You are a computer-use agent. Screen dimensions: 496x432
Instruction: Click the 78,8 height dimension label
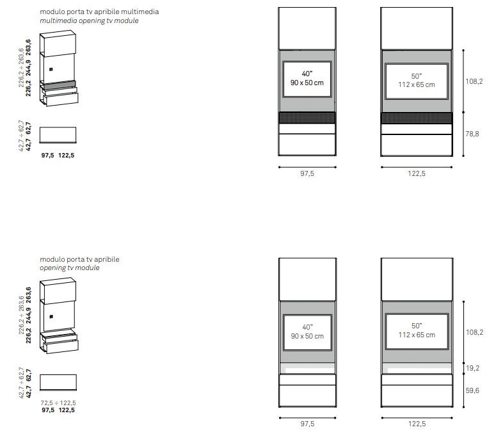tap(472, 134)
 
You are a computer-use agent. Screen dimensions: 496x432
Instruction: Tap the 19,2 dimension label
tap(472, 368)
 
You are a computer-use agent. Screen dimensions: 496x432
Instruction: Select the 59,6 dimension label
tap(472, 390)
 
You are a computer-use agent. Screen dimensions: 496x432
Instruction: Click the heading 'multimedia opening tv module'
tap(89, 21)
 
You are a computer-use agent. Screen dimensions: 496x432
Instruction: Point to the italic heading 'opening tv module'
tap(70, 268)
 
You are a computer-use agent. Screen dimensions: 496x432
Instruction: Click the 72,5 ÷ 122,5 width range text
tap(58, 403)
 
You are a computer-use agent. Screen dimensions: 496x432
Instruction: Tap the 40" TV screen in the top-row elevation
tap(307, 79)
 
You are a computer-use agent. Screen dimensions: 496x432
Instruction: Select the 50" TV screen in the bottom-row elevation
tap(417, 331)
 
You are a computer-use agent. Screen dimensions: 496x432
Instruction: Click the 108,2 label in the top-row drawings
tap(474, 81)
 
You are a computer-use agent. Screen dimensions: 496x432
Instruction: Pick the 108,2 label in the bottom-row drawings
tap(474, 332)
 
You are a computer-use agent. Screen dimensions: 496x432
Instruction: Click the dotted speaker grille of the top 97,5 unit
tap(307, 118)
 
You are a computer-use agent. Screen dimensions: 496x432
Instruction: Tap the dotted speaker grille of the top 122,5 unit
tap(417, 118)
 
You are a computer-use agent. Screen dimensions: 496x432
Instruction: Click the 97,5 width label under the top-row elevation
tap(307, 173)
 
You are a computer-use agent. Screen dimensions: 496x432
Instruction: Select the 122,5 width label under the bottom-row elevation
tap(417, 424)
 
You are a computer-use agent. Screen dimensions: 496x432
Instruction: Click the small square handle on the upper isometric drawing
tap(51, 69)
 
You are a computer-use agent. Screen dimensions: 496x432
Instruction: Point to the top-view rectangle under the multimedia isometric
tap(58, 135)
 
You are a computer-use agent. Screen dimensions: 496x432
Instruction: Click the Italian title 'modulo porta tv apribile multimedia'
tap(99, 12)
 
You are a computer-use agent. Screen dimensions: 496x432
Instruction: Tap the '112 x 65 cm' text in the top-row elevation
tap(417, 84)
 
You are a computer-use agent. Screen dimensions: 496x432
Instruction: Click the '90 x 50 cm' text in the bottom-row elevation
tap(307, 336)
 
